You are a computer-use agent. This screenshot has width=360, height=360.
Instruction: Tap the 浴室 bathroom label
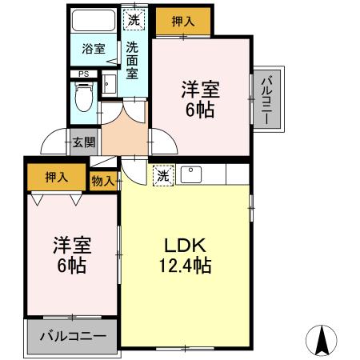click(x=93, y=49)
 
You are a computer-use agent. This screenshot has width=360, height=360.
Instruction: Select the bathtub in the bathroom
click(x=93, y=21)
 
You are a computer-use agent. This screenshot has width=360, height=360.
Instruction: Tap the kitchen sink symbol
click(x=191, y=174)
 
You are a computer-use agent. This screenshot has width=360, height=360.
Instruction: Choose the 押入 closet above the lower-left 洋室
click(x=55, y=177)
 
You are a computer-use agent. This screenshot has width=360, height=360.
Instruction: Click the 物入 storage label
click(x=103, y=182)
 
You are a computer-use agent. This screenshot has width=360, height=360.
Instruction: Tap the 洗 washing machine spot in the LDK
click(x=162, y=175)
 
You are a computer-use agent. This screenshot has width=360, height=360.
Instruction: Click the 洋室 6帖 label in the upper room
click(x=200, y=99)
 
